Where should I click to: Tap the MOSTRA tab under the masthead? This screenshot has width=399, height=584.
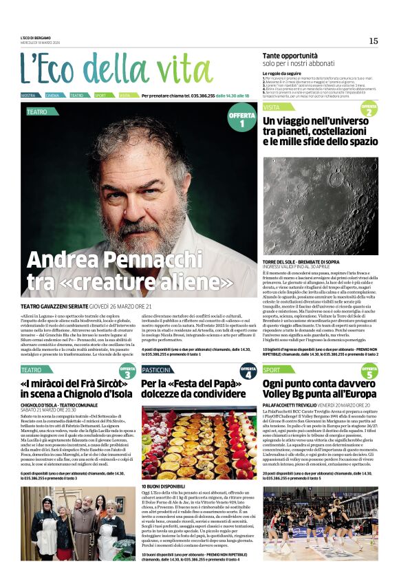click(29, 96)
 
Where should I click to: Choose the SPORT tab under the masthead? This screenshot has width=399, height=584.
click(100, 96)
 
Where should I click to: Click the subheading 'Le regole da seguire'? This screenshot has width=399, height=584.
click(282, 72)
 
